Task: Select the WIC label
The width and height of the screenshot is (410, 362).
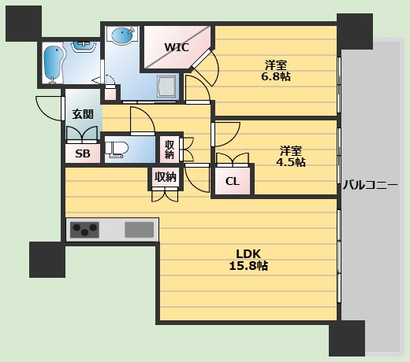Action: tap(176, 47)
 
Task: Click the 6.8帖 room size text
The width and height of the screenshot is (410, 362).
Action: tap(276, 71)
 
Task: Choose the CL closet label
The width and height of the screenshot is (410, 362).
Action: tap(233, 182)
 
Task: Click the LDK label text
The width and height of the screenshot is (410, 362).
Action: tap(248, 253)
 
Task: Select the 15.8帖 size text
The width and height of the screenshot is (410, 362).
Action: tap(248, 266)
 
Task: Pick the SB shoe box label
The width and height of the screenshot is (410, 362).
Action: tap(82, 154)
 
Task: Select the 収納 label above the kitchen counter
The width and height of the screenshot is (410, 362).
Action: tap(165, 177)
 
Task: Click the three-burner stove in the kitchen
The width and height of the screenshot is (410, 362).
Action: tap(84, 230)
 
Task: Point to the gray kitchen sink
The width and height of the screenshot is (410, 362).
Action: tap(139, 230)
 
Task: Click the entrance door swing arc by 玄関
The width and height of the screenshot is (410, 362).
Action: tap(49, 109)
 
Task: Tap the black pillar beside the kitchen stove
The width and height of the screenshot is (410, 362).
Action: tap(47, 260)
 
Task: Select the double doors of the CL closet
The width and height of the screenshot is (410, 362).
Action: tap(233, 162)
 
